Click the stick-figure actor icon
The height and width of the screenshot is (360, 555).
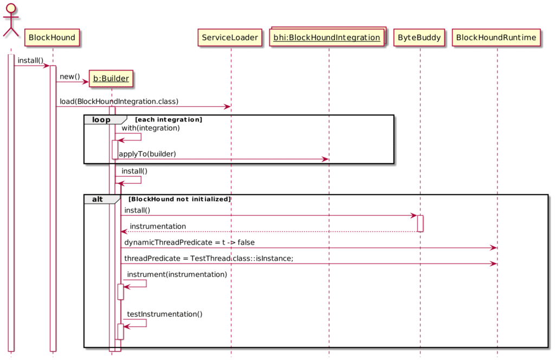[x=11, y=20]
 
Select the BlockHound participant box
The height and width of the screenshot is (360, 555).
[x=52, y=37]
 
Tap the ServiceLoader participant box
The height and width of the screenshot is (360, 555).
[x=230, y=37]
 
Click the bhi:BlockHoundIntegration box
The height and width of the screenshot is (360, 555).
[x=327, y=37]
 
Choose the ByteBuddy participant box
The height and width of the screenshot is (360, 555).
[x=419, y=37]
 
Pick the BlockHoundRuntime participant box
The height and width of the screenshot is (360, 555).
[x=496, y=37]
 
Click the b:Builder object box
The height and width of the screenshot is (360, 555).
[x=111, y=79]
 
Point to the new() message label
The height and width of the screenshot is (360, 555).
[x=70, y=76]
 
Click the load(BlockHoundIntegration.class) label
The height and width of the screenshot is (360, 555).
[x=119, y=101]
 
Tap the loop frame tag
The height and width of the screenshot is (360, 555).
[x=101, y=120]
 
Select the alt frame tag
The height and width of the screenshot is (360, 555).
[x=98, y=200]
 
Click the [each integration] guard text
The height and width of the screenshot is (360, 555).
[x=169, y=120]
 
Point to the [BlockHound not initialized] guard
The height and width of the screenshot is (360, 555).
[x=179, y=200]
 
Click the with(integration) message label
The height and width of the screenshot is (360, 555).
[x=151, y=128]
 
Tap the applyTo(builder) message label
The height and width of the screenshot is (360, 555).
[x=147, y=154]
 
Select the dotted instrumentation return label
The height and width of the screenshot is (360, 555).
[x=158, y=226]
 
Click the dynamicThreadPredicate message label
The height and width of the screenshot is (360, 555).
[x=189, y=242]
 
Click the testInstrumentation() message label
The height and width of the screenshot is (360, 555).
[x=165, y=314]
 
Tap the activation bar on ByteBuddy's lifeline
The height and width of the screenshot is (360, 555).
[x=420, y=223]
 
